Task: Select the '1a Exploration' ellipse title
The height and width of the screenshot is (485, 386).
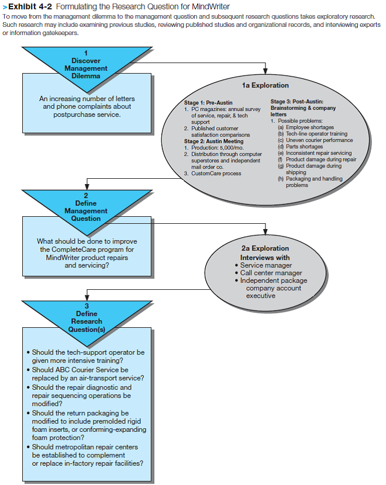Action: click(265, 85)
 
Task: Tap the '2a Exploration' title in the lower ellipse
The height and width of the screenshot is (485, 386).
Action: click(265, 248)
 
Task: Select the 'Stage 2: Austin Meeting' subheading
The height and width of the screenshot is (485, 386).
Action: click(215, 141)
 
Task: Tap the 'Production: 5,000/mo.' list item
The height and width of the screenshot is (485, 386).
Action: click(219, 148)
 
